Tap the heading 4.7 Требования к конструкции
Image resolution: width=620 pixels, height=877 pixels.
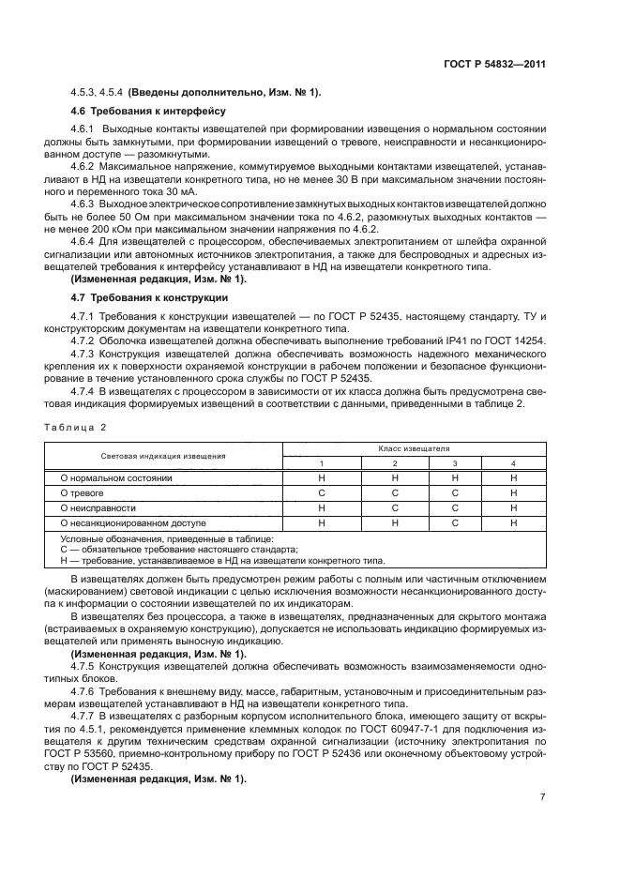click(135, 297)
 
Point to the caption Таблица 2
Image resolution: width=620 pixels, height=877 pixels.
click(75, 427)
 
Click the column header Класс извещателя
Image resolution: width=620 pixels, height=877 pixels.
click(415, 449)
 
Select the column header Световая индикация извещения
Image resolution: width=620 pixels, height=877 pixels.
click(163, 456)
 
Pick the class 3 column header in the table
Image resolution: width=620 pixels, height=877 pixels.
click(454, 463)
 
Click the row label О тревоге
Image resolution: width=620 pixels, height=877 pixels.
click(82, 492)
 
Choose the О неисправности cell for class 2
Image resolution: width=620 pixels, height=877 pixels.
click(394, 507)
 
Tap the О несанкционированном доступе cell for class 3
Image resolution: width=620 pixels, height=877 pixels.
click(454, 522)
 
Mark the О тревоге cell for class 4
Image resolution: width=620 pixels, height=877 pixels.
click(513, 492)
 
